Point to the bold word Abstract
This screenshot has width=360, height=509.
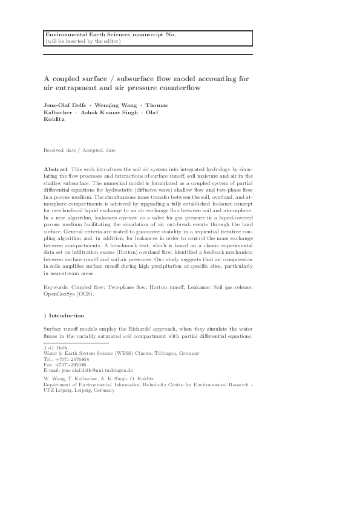click(x=56, y=169)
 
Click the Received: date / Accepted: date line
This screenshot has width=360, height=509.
click(x=80, y=149)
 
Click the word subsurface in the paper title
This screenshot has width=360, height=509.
click(x=138, y=79)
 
